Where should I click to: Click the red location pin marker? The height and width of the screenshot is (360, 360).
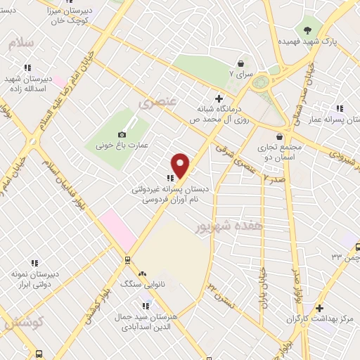(181, 165)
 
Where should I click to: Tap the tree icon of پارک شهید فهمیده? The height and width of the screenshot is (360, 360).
(308, 30)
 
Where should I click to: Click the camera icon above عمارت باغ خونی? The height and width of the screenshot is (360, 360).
(122, 134)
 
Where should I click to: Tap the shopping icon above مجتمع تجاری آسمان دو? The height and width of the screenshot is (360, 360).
(280, 136)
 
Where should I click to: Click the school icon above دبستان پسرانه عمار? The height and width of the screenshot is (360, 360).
(339, 108)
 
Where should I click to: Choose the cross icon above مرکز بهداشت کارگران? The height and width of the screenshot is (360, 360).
(319, 308)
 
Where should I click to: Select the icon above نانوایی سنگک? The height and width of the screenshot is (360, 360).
(143, 274)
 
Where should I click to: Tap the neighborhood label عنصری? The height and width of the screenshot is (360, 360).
(155, 103)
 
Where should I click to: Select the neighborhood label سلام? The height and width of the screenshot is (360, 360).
(22, 44)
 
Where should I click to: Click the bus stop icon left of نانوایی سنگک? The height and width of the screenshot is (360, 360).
(127, 259)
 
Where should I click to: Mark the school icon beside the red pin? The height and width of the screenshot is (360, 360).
(169, 179)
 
